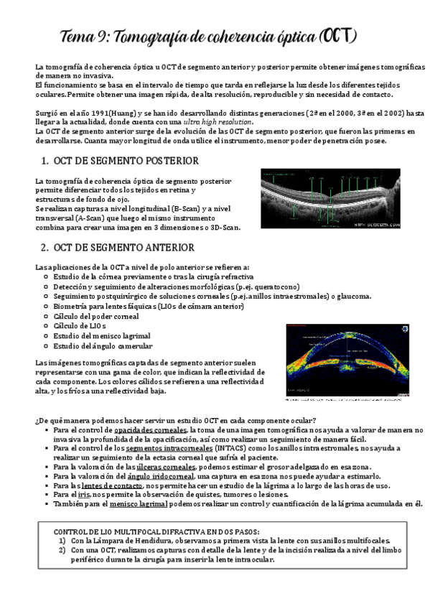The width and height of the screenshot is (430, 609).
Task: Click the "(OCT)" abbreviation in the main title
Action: coord(336,35)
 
